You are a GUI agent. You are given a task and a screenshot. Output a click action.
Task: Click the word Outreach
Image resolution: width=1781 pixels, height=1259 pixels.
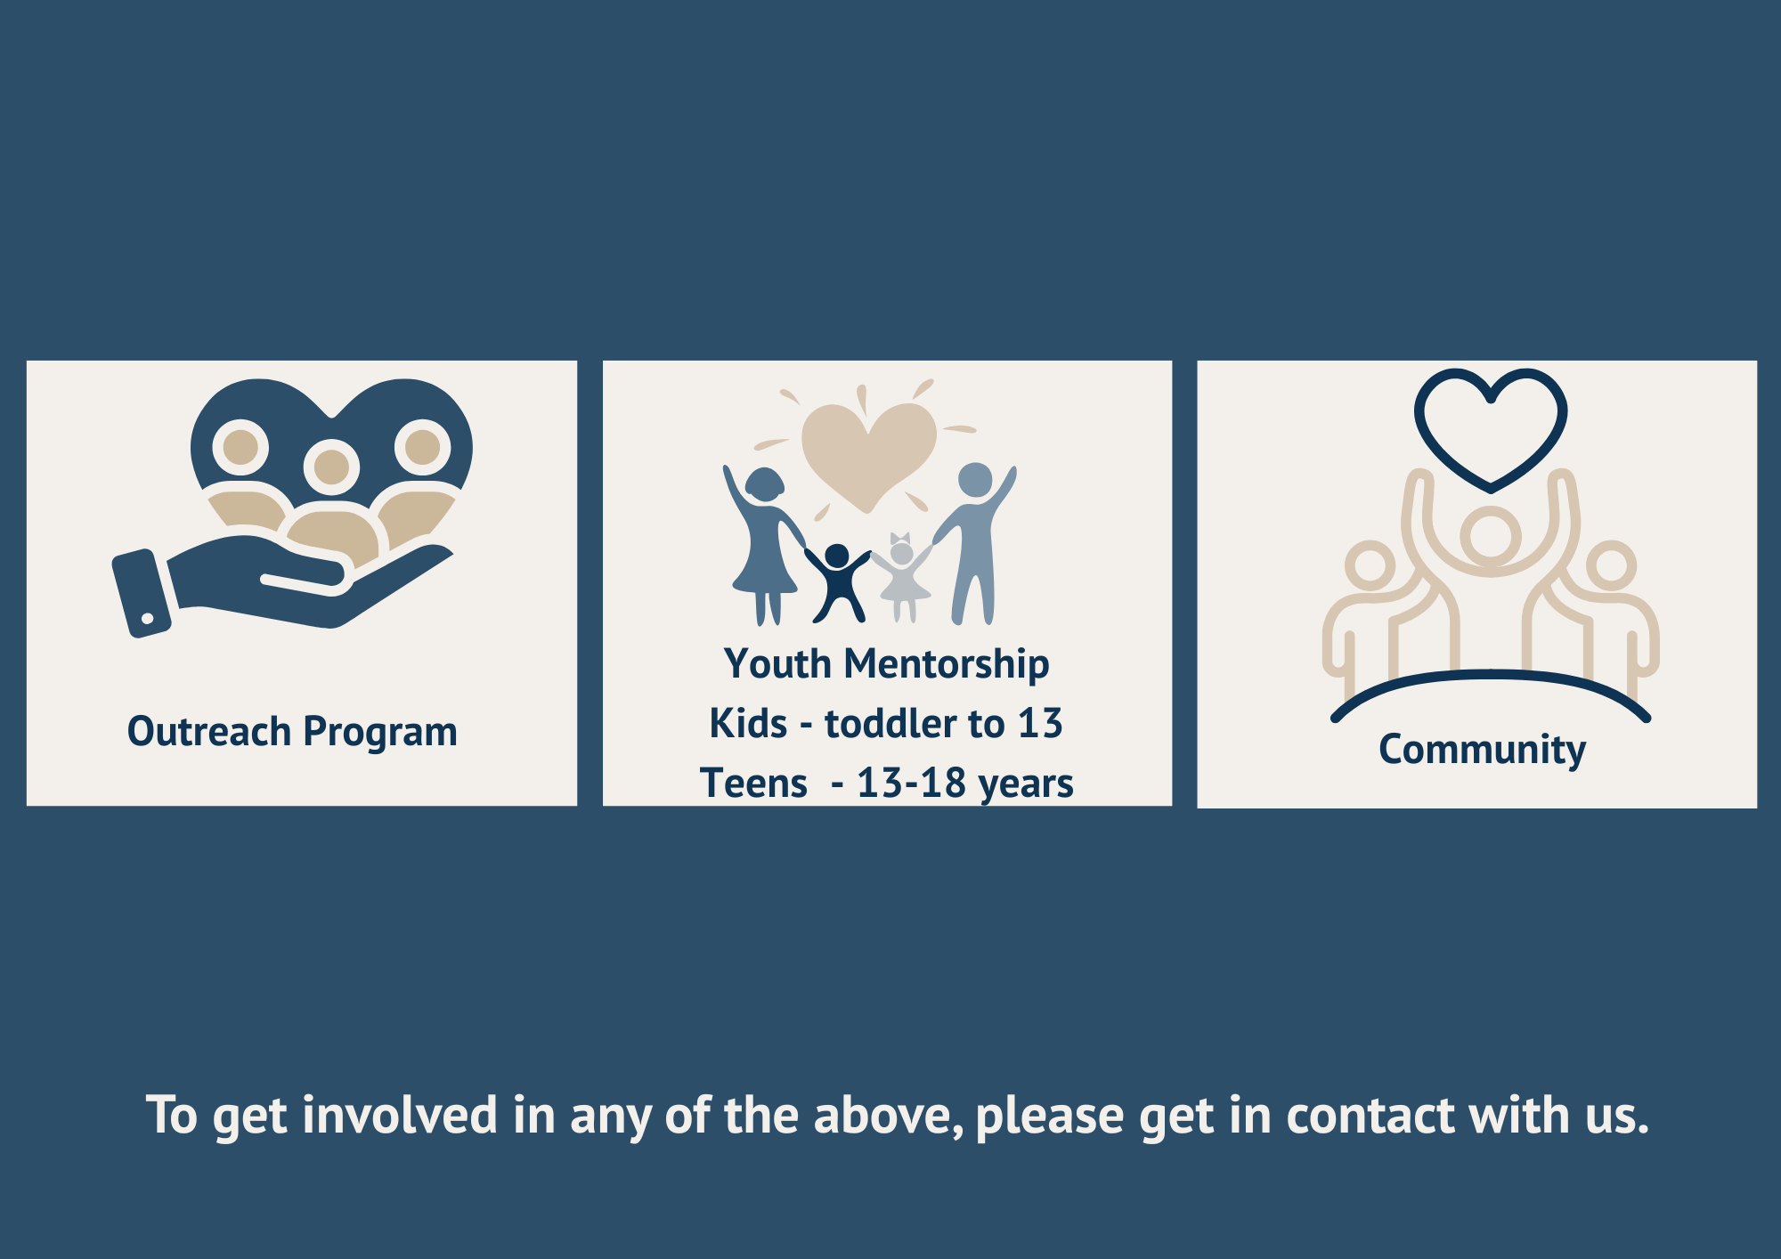pos(209,731)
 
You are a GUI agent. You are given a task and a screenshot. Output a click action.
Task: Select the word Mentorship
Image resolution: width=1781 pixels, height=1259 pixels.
pos(947,665)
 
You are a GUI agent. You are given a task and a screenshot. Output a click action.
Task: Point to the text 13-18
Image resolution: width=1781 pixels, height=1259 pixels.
pos(911,783)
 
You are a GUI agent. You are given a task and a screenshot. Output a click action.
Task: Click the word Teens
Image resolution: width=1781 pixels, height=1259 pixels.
pos(753,784)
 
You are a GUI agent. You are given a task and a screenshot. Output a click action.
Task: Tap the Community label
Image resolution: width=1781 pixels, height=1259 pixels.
pos(1482,750)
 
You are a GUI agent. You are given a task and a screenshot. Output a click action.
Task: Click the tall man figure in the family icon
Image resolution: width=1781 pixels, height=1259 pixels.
pos(974,543)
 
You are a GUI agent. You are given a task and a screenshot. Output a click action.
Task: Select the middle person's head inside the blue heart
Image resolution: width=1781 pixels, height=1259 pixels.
pos(332,467)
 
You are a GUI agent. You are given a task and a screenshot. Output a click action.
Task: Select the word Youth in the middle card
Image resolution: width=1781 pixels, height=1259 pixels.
pos(777,664)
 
